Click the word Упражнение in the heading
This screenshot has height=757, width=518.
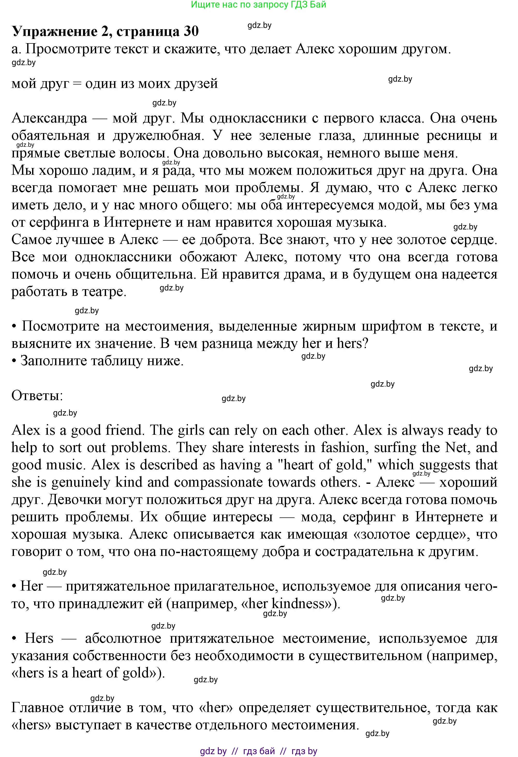click(x=55, y=32)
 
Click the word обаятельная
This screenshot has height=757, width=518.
click(x=50, y=135)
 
